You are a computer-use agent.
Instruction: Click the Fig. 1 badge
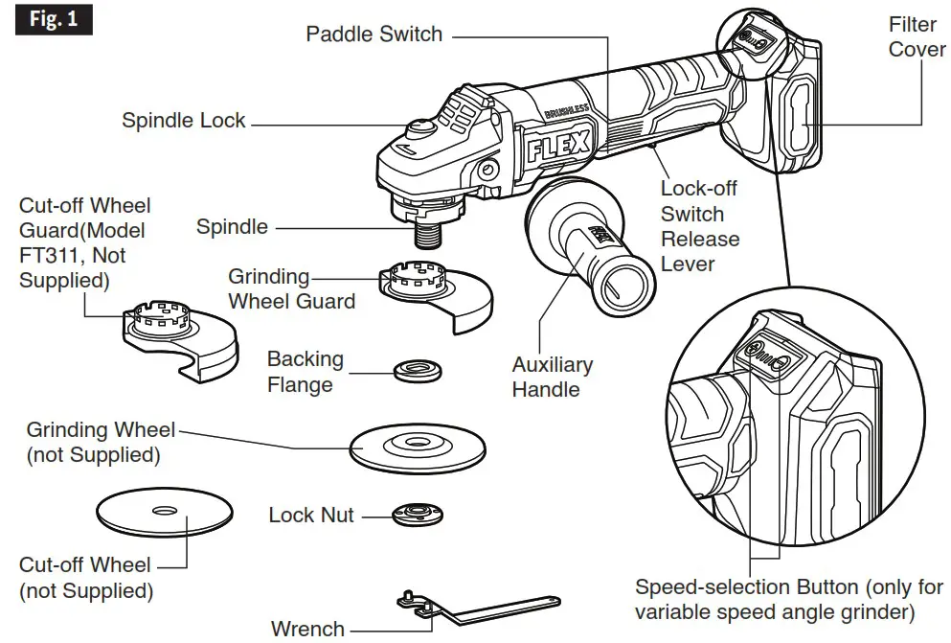pyautogui.click(x=54, y=19)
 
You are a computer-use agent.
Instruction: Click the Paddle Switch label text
pyautogui.click(x=374, y=34)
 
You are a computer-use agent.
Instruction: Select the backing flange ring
pyautogui.click(x=416, y=369)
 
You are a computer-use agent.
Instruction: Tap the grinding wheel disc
pyautogui.click(x=414, y=446)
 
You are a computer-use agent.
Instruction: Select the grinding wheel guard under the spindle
pyautogui.click(x=431, y=292)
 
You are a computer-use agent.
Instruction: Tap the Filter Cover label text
pyautogui.click(x=917, y=36)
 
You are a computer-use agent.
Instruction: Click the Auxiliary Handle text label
pyautogui.click(x=552, y=377)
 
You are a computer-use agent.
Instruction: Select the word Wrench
pyautogui.click(x=307, y=629)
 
